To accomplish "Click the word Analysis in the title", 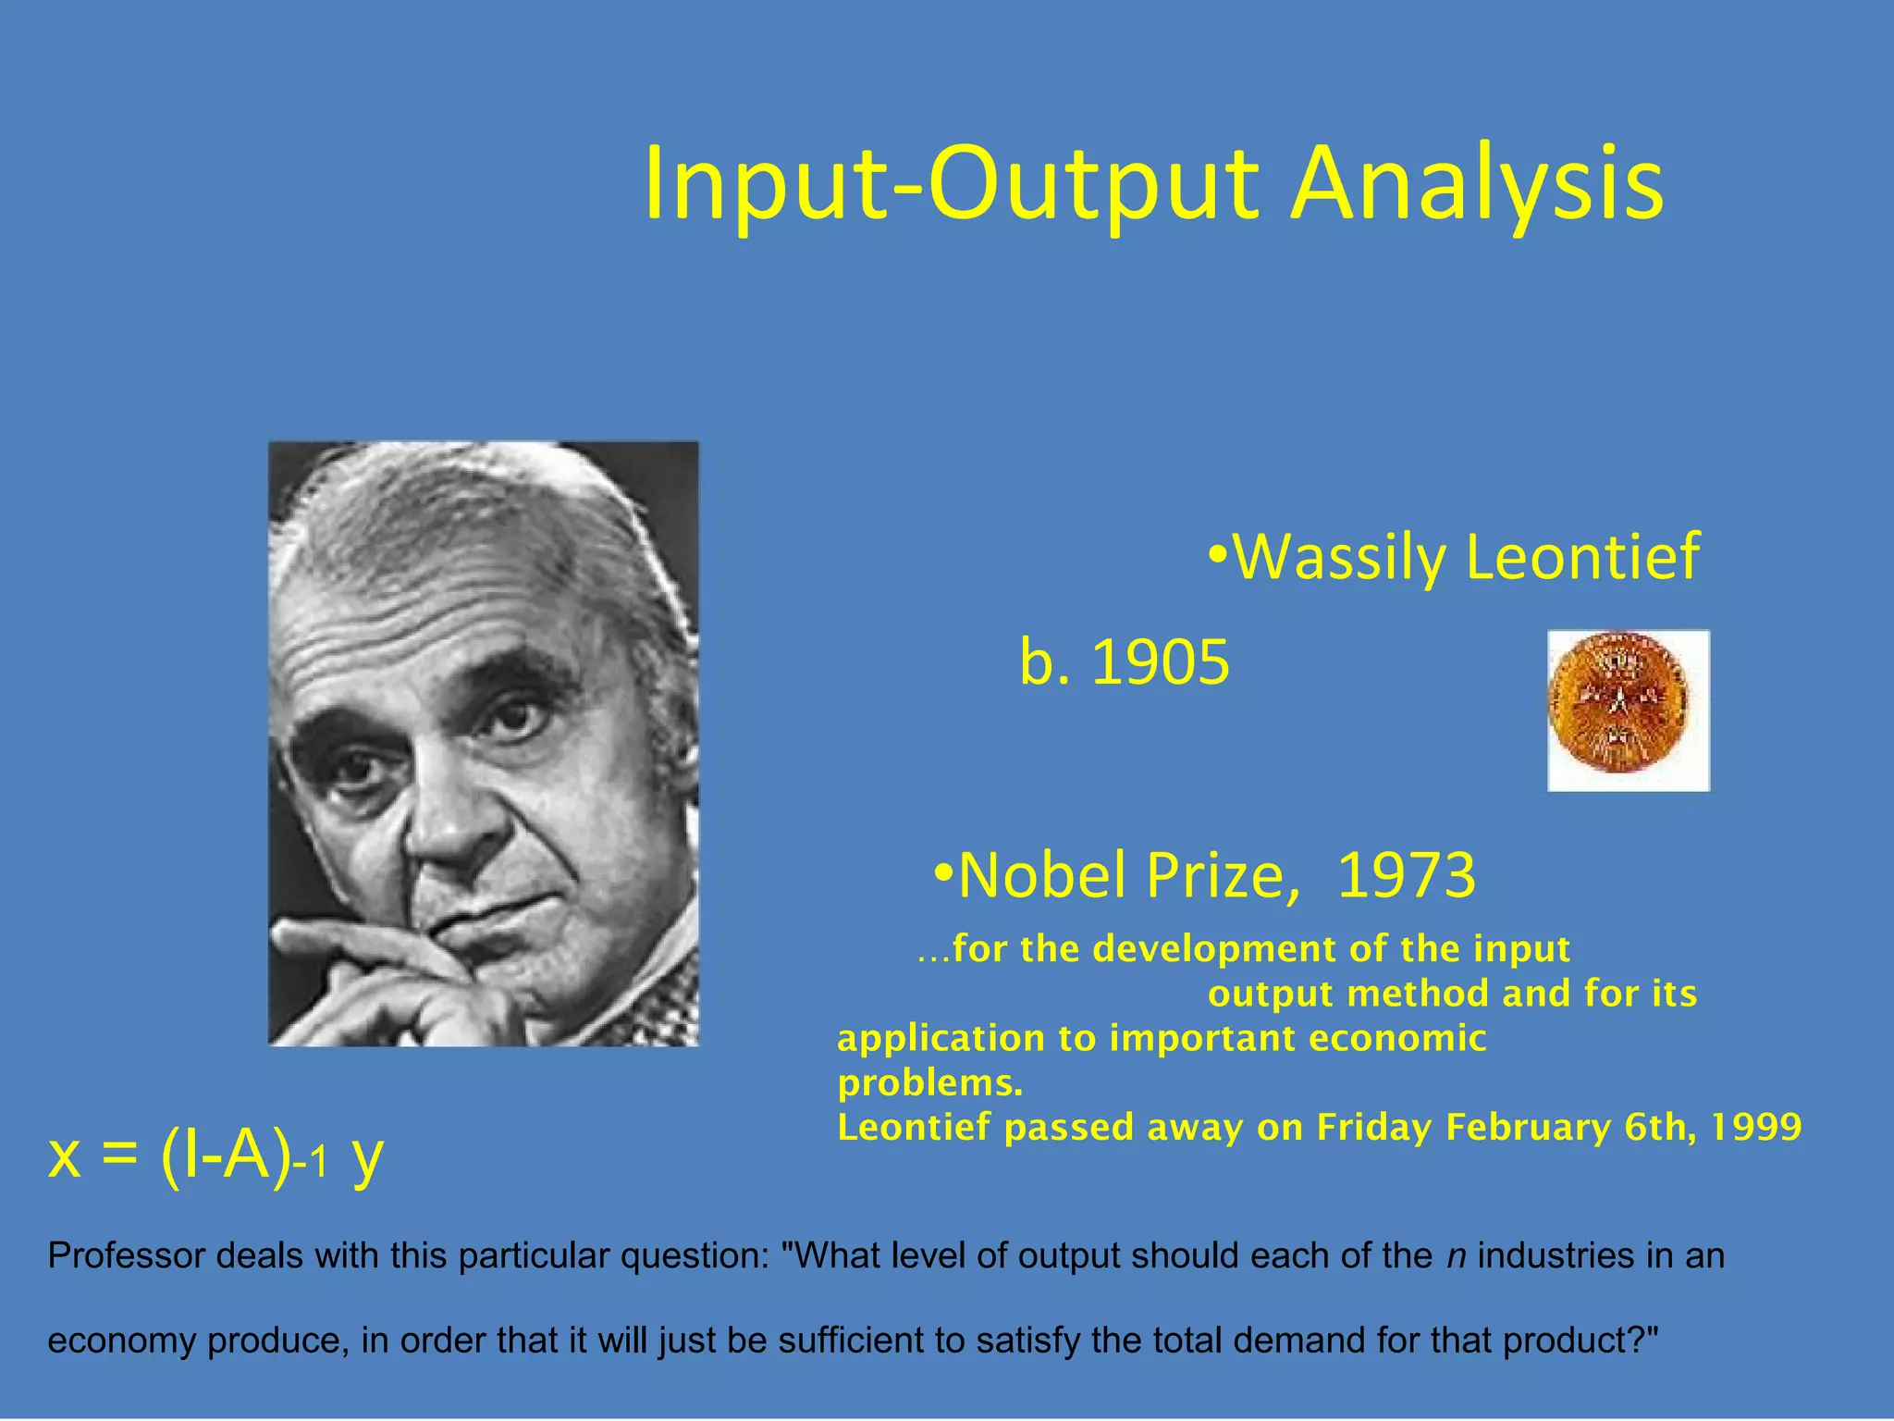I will click(x=1476, y=185).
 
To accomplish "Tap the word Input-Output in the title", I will click(x=951, y=185).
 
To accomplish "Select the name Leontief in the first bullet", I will click(x=1582, y=557).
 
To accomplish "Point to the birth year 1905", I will click(x=1161, y=662).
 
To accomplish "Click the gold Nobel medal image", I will click(x=1628, y=710).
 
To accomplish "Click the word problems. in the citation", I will click(x=929, y=1082).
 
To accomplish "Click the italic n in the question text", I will click(x=1456, y=1256).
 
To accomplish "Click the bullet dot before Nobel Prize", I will click(x=942, y=871).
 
